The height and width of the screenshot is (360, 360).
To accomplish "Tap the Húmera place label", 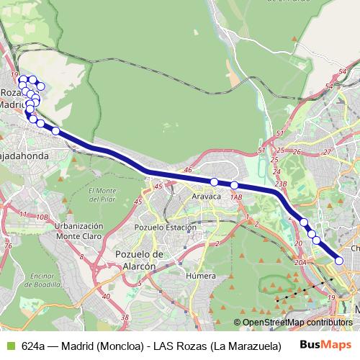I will pyautogui.click(x=201, y=275).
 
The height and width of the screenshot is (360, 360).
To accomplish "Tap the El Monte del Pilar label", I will pyautogui.click(x=103, y=194).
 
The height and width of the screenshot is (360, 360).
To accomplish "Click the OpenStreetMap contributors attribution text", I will pyautogui.click(x=294, y=323).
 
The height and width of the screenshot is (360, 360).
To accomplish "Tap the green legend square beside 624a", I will pyautogui.click(x=10, y=345).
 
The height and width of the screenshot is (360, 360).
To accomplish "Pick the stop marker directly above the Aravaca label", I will pyautogui.click(x=215, y=181).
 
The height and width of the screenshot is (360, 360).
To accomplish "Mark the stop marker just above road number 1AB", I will pyautogui.click(x=235, y=186).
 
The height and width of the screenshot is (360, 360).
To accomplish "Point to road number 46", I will pyautogui.click(x=189, y=170).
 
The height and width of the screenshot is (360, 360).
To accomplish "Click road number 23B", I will pyautogui.click(x=281, y=184).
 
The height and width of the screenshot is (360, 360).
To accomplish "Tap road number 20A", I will pyautogui.click(x=300, y=264).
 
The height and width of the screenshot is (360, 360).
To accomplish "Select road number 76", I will pyautogui.click(x=9, y=245).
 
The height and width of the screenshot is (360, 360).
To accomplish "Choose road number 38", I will pyautogui.click(x=125, y=316).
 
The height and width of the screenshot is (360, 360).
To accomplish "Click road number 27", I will pyautogui.click(x=326, y=152).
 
